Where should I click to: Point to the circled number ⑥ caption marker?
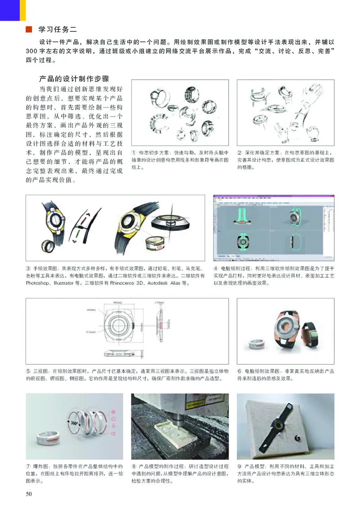click(x=239, y=371)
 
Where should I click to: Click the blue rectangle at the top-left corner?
click(x=9, y=10)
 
